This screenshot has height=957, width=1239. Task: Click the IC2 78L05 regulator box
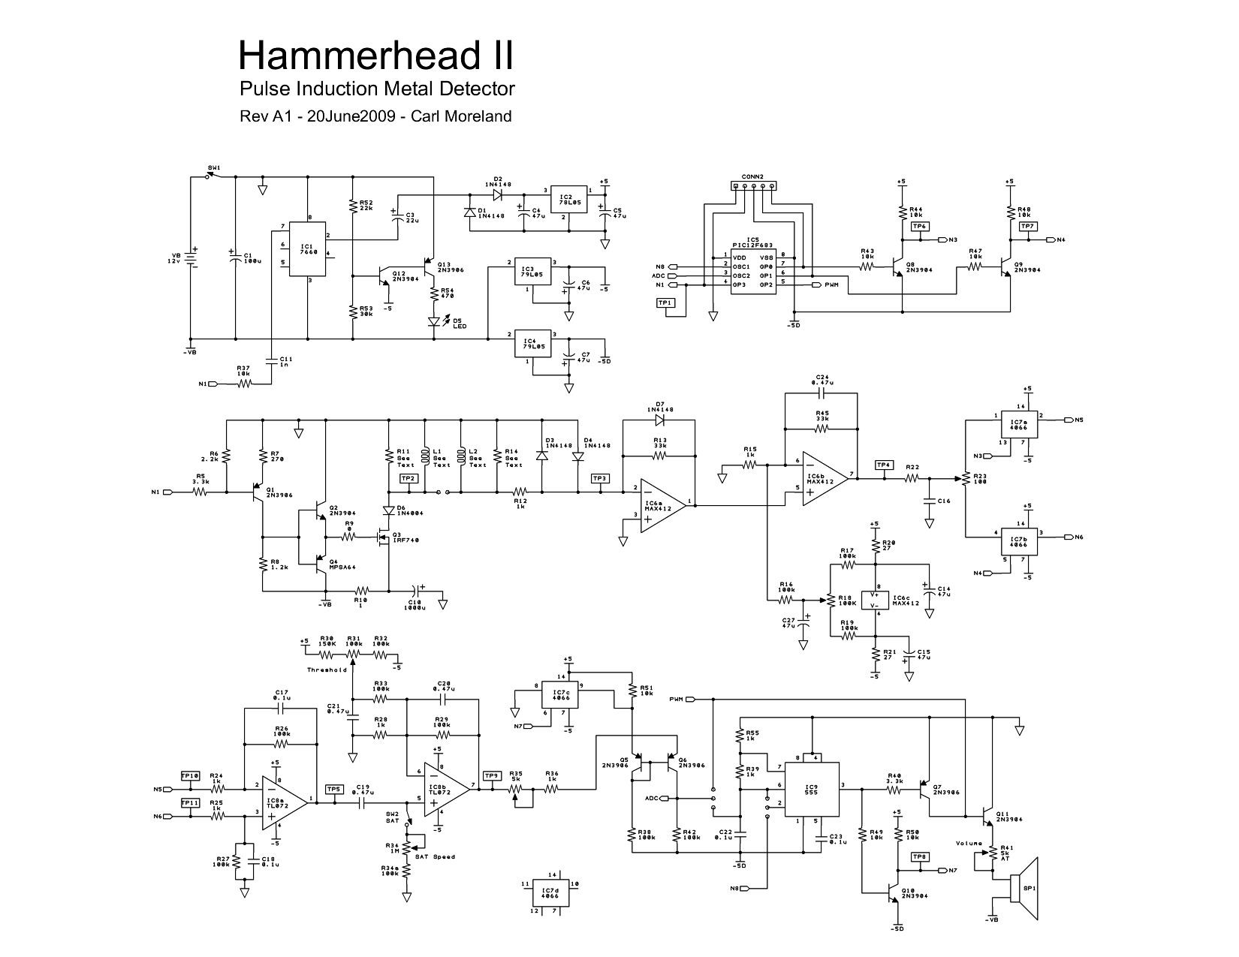568,199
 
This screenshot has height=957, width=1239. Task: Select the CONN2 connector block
752,185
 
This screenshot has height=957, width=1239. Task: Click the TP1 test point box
665,302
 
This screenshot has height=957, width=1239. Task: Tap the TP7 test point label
1028,226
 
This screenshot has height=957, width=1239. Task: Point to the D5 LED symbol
434,322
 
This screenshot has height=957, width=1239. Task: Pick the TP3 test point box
600,478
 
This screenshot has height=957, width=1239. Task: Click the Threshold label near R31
327,670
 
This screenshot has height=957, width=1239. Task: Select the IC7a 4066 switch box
1019,425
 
